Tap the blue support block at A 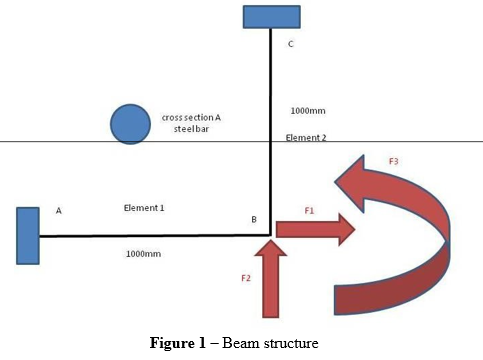[28, 235]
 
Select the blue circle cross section [130, 124]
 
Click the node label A [59, 211]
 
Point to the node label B [254, 218]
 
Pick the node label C [290, 44]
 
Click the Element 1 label [144, 208]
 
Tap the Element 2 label [307, 137]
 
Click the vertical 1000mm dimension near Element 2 [307, 111]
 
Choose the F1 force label [309, 211]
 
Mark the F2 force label [246, 278]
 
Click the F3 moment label [394, 161]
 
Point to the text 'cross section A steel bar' [191, 123]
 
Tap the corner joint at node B [270, 236]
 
